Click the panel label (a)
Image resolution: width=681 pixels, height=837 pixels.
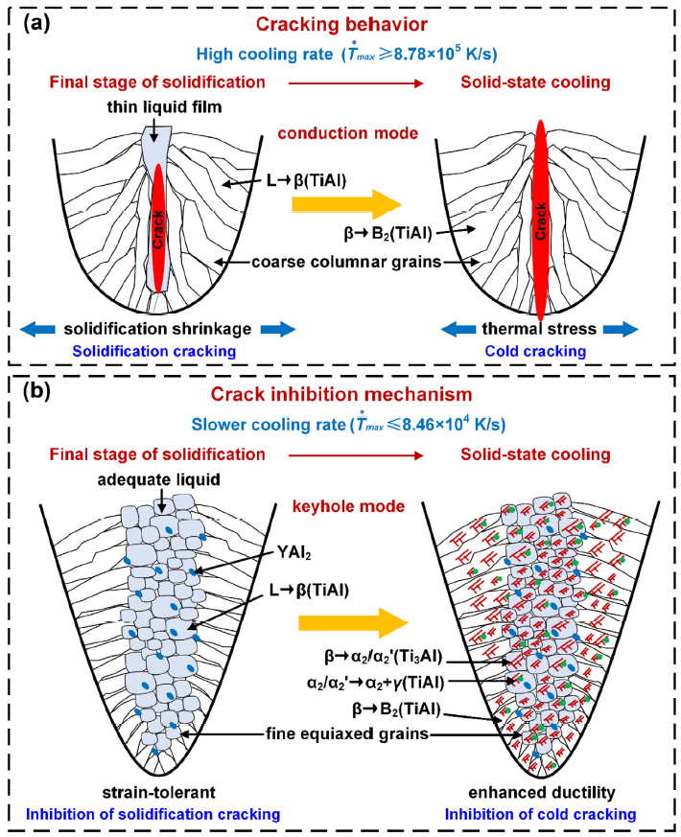coord(31,22)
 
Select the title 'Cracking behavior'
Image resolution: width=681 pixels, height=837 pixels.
coord(340,21)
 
